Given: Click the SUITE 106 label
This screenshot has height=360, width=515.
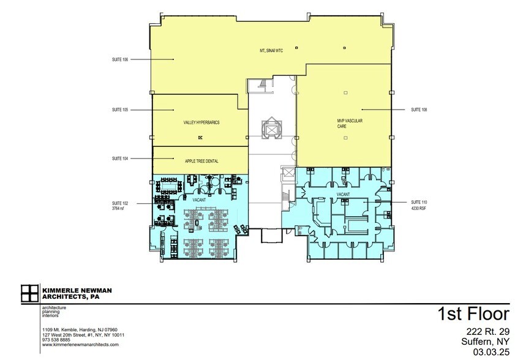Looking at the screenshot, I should [x=119, y=59].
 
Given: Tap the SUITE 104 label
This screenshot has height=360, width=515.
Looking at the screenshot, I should [x=119, y=159].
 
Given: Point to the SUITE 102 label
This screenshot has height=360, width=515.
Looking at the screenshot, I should [x=119, y=203].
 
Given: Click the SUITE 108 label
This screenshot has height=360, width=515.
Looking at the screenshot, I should [x=419, y=110].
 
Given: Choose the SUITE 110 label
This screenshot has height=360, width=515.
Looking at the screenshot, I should [x=419, y=202].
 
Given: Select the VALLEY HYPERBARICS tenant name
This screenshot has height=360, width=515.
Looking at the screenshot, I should [x=201, y=122].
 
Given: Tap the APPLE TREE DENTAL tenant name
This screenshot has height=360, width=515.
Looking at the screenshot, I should [x=201, y=161].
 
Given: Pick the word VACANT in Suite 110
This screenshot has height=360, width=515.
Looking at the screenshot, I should [x=342, y=195].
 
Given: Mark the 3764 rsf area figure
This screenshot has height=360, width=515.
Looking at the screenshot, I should [x=118, y=208].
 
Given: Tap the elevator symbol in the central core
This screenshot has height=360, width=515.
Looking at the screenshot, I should [x=271, y=129].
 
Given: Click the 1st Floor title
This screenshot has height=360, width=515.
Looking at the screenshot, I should [x=473, y=314].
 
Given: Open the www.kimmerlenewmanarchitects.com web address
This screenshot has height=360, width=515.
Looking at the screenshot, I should [x=80, y=345].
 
